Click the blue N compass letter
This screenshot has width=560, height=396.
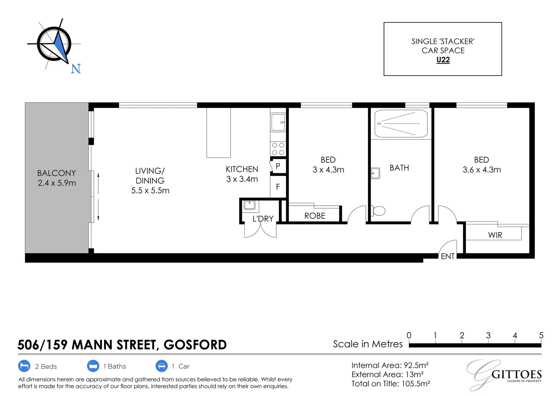coord(75,69)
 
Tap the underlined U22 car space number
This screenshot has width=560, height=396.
coord(443,60)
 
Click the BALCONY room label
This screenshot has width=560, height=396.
coord(56,173)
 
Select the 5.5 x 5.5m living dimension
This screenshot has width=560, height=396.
coord(150,190)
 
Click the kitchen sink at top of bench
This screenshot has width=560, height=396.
coord(278,122)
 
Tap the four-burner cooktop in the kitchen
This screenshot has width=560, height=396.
coord(278,149)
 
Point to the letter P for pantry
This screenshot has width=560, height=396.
coord(278,166)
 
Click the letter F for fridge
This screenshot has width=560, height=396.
coord(278,187)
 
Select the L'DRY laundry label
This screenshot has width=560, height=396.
coord(263,219)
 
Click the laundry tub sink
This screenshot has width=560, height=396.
coord(250,204)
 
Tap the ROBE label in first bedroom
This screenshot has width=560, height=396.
coord(314,216)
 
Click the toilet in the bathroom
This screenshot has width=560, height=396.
coord(378,211)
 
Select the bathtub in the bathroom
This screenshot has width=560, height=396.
coord(401,124)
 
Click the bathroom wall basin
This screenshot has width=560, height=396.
coord(375,173)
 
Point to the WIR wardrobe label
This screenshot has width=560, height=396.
coord(495,235)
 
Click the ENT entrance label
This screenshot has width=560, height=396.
coord(447,256)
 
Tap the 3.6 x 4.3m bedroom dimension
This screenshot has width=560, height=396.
coord(482,170)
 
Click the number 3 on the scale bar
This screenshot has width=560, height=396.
coord(488,335)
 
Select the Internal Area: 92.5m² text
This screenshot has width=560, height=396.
coord(390,365)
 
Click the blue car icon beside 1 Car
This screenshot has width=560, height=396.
coord(161,366)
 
